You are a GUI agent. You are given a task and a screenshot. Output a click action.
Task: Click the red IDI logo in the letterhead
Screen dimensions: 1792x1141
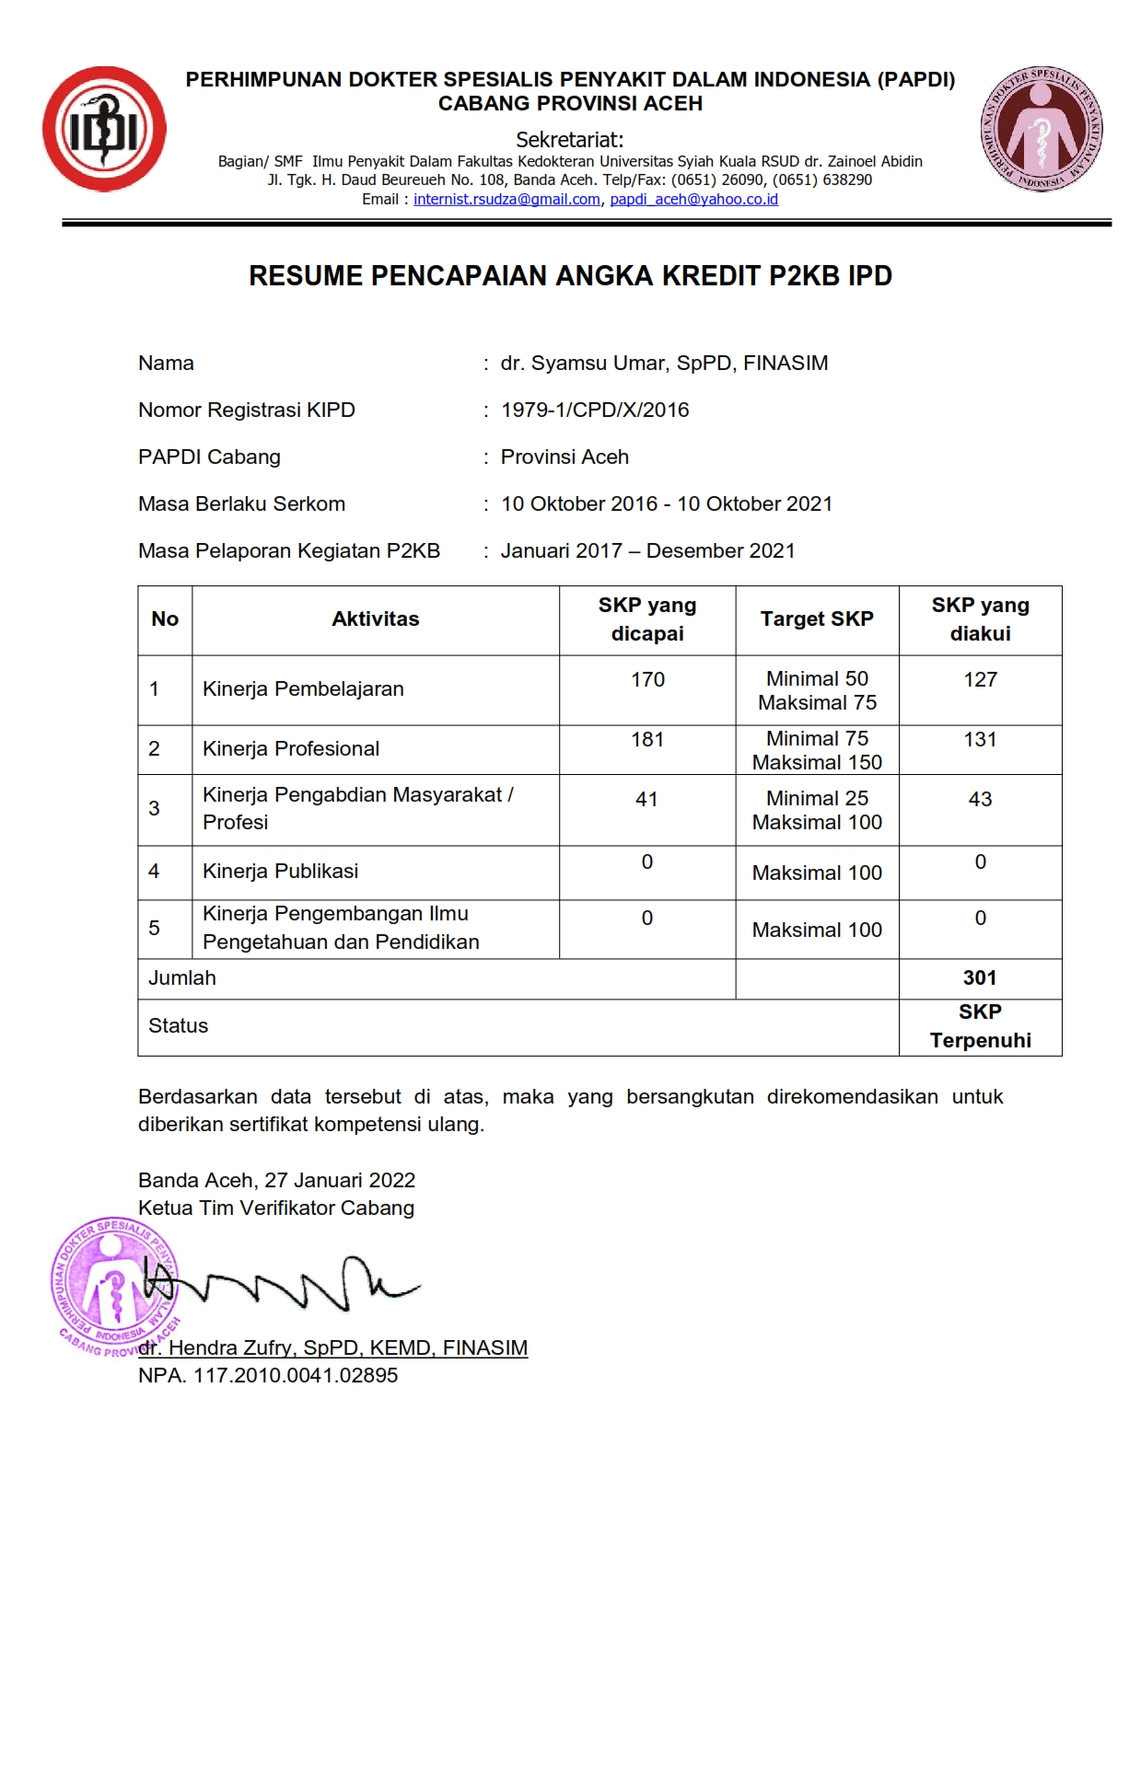point(104,129)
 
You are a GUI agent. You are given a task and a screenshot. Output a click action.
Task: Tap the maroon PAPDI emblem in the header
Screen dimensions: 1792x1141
point(1042,130)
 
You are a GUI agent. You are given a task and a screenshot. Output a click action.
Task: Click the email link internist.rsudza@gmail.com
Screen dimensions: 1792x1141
point(506,200)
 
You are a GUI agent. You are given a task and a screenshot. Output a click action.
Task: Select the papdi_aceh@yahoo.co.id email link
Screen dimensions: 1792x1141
point(693,200)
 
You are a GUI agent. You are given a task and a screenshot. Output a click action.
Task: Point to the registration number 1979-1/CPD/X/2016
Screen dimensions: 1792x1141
point(595,410)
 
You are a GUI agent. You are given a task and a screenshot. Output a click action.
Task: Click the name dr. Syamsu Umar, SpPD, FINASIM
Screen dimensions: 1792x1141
point(664,364)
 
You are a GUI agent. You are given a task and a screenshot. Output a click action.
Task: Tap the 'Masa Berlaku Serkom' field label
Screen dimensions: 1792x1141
point(241,504)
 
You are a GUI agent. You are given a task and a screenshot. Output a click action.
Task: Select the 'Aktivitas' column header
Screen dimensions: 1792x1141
point(375,619)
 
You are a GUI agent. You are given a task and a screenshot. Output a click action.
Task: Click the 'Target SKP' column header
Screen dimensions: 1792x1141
point(817,619)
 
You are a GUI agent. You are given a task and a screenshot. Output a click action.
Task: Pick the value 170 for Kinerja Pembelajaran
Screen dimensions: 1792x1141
point(647,680)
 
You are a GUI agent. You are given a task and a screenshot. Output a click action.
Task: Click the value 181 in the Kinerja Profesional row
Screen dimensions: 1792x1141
point(647,740)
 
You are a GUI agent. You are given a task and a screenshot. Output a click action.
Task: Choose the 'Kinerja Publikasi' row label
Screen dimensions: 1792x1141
point(280,872)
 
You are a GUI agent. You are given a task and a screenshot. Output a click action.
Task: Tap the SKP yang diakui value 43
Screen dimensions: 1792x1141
point(980,800)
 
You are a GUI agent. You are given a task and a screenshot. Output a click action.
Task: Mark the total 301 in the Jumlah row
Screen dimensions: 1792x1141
point(980,978)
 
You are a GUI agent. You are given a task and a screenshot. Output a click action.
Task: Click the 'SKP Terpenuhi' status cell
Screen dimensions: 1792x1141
point(980,1026)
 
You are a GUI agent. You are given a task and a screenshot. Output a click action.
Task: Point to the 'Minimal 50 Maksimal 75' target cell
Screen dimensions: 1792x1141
point(817,690)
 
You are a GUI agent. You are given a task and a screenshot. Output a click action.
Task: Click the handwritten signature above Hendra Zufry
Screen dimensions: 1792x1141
point(295,1284)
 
